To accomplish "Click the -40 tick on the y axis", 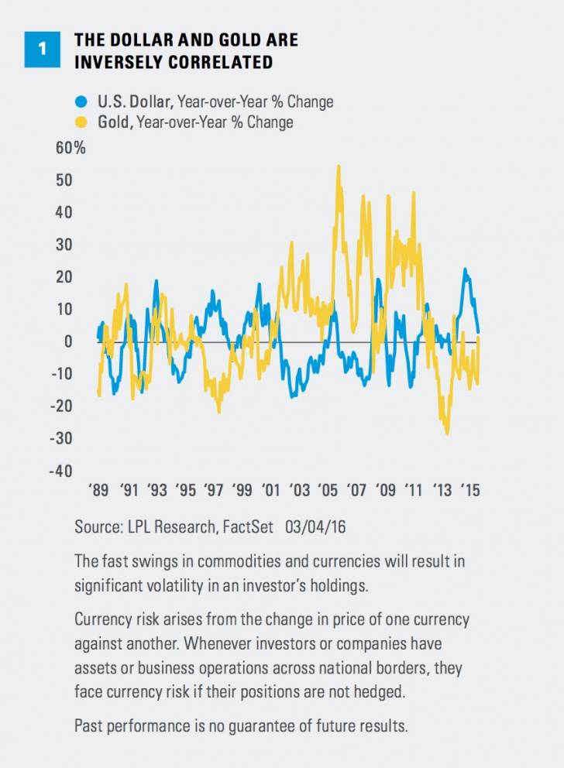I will [x=61, y=471].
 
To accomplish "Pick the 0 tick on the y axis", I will [x=68, y=341].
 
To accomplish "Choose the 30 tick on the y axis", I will [x=64, y=245].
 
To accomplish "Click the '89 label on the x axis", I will [x=99, y=491].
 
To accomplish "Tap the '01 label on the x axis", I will [x=271, y=491].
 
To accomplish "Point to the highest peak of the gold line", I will [x=339, y=166].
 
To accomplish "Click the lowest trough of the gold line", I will [x=448, y=434].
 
